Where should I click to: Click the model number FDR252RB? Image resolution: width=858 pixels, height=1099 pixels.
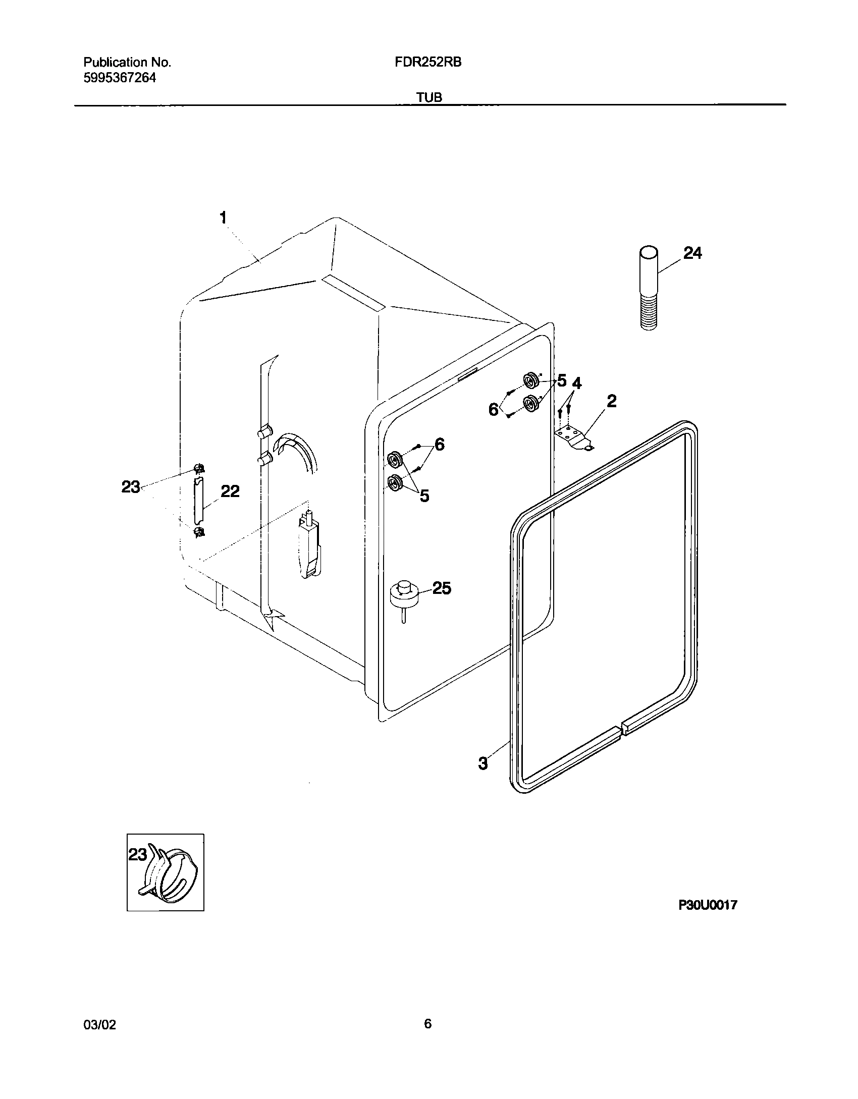click(428, 63)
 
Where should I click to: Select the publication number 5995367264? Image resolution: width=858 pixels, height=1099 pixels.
click(120, 78)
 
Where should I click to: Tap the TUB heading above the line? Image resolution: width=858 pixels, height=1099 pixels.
click(430, 98)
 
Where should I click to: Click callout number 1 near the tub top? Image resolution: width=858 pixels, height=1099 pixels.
click(223, 218)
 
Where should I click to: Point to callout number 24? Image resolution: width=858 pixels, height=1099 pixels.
click(692, 253)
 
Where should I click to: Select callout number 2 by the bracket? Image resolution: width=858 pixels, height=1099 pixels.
click(612, 402)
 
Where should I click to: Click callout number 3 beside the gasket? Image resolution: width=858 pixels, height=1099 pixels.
click(483, 763)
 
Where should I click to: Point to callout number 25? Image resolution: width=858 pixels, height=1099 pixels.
click(442, 588)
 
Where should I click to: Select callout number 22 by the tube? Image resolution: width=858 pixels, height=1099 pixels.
click(230, 491)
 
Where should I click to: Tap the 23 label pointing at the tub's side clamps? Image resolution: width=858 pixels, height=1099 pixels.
click(131, 487)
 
